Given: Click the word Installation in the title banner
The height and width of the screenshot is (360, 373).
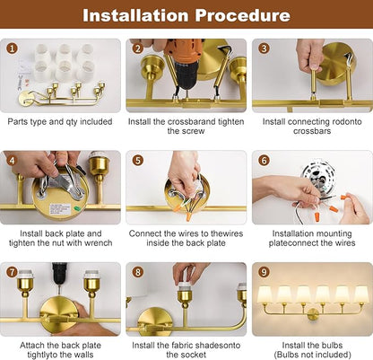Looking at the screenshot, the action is pyautogui.click(x=136, y=15).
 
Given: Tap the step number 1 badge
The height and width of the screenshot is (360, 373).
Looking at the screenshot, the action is pyautogui.click(x=12, y=48).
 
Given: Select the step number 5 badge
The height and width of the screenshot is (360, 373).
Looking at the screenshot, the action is pyautogui.click(x=138, y=160).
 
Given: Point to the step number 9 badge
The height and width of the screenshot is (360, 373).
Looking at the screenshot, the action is pyautogui.click(x=264, y=272).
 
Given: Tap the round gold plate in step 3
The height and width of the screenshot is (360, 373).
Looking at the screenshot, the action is pyautogui.click(x=336, y=64).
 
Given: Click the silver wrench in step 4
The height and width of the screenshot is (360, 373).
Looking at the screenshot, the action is pyautogui.click(x=61, y=181).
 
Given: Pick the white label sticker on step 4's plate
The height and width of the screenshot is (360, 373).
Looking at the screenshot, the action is pyautogui.click(x=60, y=209).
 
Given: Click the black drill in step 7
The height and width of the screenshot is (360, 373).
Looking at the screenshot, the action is pyautogui.click(x=60, y=275).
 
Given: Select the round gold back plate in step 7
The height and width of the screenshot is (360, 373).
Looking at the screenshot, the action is pyautogui.click(x=59, y=315).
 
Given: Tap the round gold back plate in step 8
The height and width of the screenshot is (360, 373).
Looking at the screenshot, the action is pyautogui.click(x=154, y=321).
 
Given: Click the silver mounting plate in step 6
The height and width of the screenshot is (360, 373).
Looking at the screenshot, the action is pyautogui.click(x=319, y=177).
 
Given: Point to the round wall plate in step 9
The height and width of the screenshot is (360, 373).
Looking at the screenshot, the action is pyautogui.click(x=313, y=314).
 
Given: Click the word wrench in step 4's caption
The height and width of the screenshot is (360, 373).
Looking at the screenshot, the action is pyautogui.click(x=99, y=242).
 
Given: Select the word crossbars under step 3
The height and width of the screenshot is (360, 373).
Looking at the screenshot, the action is pyautogui.click(x=312, y=131).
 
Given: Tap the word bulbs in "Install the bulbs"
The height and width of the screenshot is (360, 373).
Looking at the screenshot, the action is pyautogui.click(x=332, y=345).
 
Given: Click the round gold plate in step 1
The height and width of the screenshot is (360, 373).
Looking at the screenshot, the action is pyautogui.click(x=24, y=99).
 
